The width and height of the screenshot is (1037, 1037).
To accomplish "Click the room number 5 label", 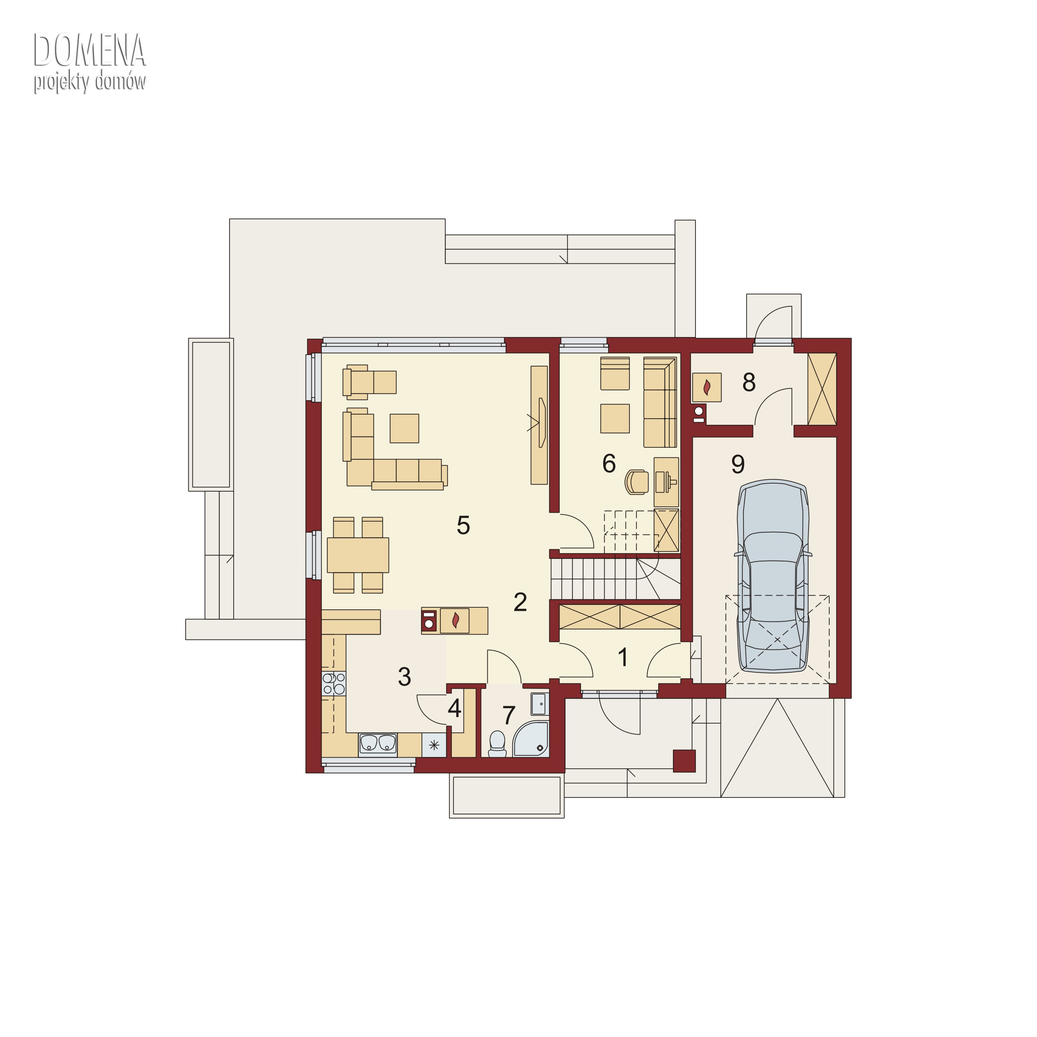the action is point(463,525).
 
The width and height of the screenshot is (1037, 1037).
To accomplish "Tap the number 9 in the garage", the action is point(738,464).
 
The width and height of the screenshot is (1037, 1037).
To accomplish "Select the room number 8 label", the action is point(749,382).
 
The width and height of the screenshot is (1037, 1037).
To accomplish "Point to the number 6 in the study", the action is point(609,463).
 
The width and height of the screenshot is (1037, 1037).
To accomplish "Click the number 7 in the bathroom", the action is point(508,715).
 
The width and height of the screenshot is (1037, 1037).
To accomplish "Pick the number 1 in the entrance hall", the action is point(623,657).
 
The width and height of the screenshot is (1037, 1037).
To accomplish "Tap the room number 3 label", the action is point(404,677).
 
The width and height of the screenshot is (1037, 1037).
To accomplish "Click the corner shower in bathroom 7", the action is point(530,739).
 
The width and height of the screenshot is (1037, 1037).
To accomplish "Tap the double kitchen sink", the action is point(378,744).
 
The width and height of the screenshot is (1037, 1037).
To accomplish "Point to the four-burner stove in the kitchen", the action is point(333,684).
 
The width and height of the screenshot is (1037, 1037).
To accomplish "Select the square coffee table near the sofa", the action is point(404,428).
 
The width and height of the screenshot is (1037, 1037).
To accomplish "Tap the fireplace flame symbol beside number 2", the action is point(456,620).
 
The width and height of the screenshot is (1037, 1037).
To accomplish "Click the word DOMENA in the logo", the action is point(90,50).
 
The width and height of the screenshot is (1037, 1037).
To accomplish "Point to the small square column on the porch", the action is point(684,760).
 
